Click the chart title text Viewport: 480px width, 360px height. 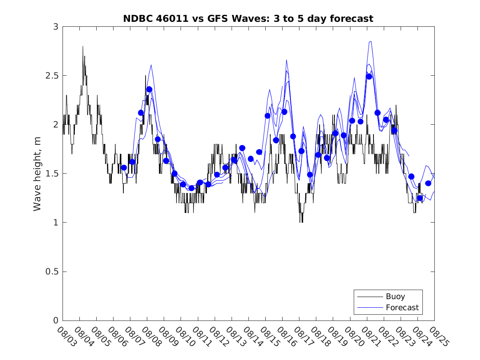coord(248,19)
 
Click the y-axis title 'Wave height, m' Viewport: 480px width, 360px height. coord(37,174)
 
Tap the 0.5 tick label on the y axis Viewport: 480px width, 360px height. coord(53,272)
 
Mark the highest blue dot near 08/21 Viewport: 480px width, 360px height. coord(369,77)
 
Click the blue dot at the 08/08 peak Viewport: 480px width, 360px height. coord(149,89)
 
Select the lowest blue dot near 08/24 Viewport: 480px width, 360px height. coord(420,198)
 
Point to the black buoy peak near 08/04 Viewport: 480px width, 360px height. coord(83,46)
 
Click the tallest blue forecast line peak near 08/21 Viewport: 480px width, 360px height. coord(371,41)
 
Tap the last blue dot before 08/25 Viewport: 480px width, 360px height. coord(428,183)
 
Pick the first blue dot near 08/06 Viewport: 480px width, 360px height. coord(124,167)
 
